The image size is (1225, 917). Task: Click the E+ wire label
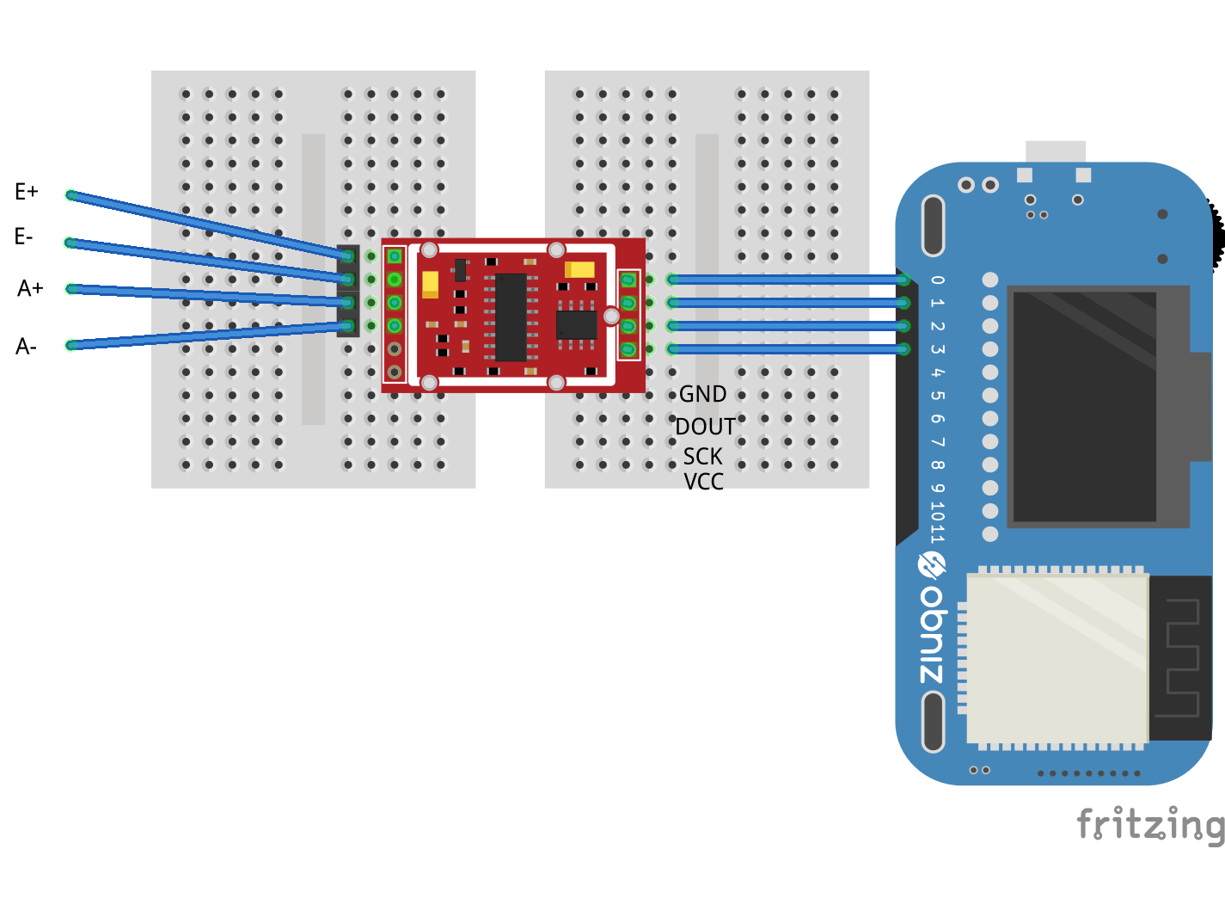coord(27,192)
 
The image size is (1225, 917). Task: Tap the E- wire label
coord(24,237)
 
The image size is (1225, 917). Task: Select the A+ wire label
coord(30,288)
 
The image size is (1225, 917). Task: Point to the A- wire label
coord(26,347)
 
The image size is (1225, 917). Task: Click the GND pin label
coord(702,394)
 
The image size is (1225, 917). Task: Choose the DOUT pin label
coord(705,427)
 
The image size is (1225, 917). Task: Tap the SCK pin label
coord(702,456)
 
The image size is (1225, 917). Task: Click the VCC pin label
coord(703,482)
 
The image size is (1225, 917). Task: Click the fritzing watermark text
coord(1150,824)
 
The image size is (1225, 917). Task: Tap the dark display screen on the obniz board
coord(1085,406)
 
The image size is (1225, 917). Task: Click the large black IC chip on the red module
coord(511,317)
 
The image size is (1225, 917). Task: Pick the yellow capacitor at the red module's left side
coord(430,284)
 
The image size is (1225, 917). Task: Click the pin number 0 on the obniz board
coord(937,280)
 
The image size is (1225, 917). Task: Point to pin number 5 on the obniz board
coord(937,396)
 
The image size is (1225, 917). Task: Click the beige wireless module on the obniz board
coord(1057,658)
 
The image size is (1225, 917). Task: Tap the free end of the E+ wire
coord(71,195)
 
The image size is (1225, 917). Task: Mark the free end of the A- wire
coord(71,345)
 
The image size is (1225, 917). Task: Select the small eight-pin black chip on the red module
coord(576,325)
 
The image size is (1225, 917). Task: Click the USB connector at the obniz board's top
coord(1055,152)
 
